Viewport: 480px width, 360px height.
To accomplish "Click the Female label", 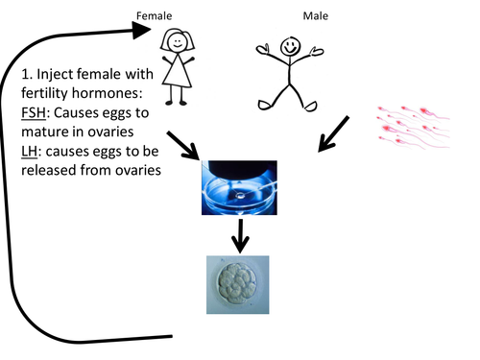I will pos(155,16).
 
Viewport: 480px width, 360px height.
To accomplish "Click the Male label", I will pos(288,16).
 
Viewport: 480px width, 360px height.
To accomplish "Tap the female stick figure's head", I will pos(177,40).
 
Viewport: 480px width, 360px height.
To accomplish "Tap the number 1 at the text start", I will pos(26,75).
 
